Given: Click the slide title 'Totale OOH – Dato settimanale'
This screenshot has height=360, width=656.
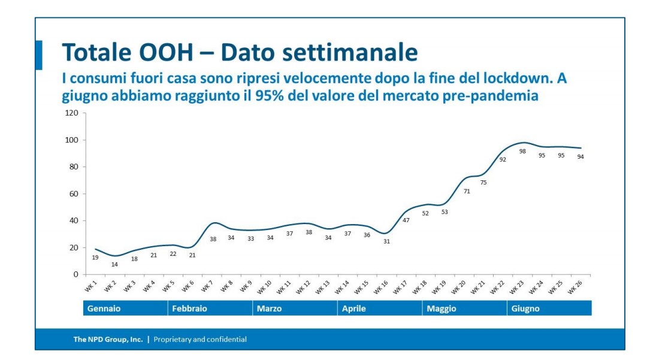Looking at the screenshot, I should pyautogui.click(x=240, y=53).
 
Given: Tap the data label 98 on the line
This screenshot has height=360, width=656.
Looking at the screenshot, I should pyautogui.click(x=522, y=152).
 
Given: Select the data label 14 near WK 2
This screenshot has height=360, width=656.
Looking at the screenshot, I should pyautogui.click(x=114, y=264).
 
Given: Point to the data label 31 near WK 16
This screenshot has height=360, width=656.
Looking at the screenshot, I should pyautogui.click(x=386, y=241).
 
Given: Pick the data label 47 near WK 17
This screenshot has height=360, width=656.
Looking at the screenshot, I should pyautogui.click(x=406, y=220).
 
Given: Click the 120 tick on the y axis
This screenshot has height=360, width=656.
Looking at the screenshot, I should pyautogui.click(x=72, y=113).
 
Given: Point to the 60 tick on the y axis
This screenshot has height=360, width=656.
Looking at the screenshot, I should pyautogui.click(x=74, y=194).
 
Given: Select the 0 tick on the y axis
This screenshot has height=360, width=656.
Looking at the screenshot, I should pyautogui.click(x=76, y=274).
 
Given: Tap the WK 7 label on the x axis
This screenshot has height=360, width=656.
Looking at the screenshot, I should pyautogui.click(x=208, y=287).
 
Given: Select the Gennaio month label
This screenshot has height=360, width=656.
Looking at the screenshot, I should pyautogui.click(x=104, y=309).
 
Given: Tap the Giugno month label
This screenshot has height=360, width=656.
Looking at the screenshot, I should pyautogui.click(x=525, y=309).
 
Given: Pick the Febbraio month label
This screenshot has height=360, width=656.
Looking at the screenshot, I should pyautogui.click(x=189, y=309).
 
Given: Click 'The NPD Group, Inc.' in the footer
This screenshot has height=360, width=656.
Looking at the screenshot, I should pyautogui.click(x=108, y=340).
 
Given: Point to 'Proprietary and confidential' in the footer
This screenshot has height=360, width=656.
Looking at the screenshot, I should pyautogui.click(x=200, y=340).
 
